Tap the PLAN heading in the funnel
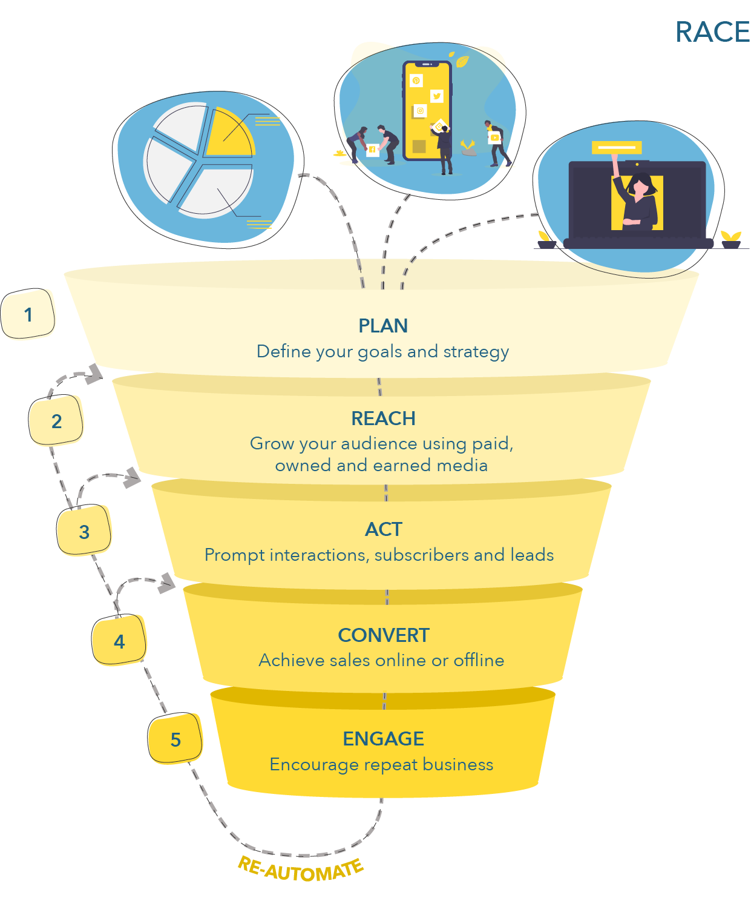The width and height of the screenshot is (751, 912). coord(382,325)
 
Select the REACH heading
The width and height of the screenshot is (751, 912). coord(383,418)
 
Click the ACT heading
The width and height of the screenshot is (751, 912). coord(383,529)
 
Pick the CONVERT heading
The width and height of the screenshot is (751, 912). coord(383,635)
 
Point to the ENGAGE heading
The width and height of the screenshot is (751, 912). coord(383,739)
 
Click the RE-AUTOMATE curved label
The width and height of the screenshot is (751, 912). coord(300,869)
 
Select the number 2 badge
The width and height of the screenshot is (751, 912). coord(56,420)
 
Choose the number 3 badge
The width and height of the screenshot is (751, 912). coord(84,530)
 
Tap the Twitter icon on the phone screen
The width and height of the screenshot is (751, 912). coord(436,96)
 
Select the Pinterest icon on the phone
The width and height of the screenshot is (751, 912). coord(416,81)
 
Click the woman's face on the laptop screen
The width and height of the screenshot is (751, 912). coord(640,187)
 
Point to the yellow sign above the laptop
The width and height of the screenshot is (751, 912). coord(616,147)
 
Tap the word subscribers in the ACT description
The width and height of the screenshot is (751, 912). coord(421,555)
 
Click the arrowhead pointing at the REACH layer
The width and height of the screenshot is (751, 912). coord(94,374)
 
